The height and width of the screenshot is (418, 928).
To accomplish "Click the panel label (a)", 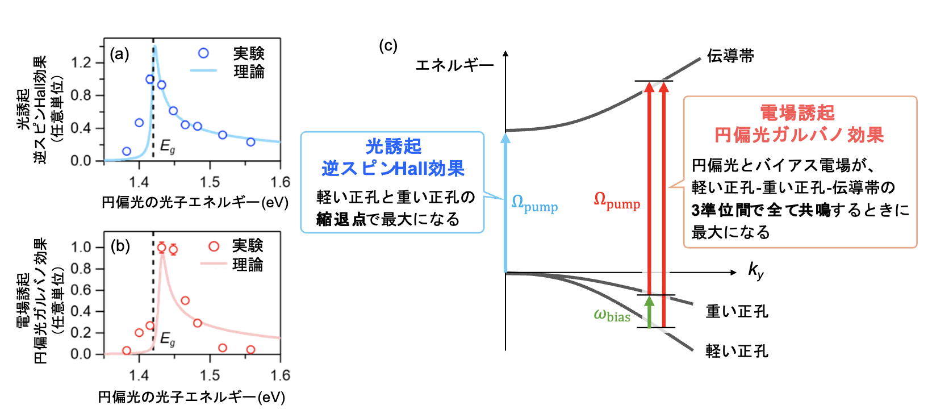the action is click(119, 55).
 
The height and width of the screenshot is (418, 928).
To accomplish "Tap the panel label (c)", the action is click(388, 45).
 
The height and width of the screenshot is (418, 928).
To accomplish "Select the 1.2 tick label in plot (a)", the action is click(81, 62).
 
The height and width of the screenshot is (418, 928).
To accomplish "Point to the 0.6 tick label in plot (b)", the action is click(81, 290).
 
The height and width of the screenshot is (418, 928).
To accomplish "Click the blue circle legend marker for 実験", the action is click(203, 53).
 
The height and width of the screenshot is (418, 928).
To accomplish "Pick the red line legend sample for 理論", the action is click(214, 264).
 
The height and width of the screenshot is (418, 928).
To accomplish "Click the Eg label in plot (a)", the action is click(168, 146).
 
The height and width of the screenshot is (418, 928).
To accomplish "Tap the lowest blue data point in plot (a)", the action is click(127, 151).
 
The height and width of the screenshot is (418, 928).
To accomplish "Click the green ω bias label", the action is click(612, 316).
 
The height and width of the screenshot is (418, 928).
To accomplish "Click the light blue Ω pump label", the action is click(534, 203).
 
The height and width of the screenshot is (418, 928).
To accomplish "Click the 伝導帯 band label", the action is click(730, 56).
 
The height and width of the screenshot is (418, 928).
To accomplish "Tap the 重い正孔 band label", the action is click(737, 311).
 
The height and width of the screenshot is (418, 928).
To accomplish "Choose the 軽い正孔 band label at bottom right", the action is click(737, 351).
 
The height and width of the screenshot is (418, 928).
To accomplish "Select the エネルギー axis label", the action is click(454, 65).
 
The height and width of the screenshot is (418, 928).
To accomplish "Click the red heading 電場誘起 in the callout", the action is click(797, 112).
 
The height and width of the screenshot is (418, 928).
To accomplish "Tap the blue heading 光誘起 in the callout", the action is click(393, 146).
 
